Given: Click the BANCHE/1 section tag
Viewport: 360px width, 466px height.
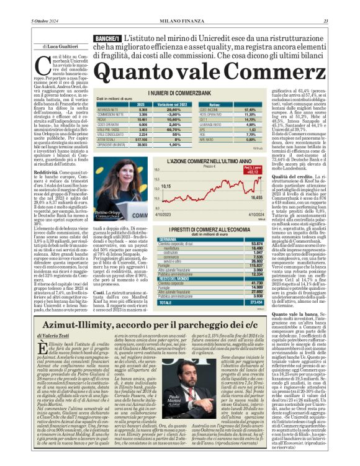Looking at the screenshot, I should (x=106, y=39).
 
